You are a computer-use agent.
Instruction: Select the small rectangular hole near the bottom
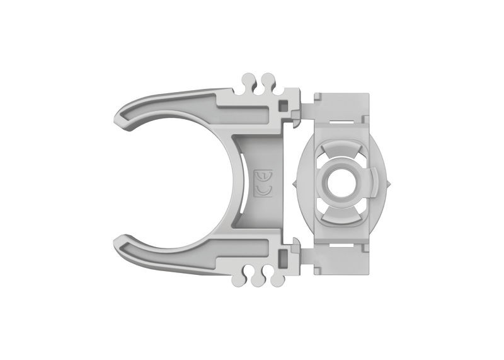tap(284, 257)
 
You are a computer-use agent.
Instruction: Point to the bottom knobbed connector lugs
tap(258, 278)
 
